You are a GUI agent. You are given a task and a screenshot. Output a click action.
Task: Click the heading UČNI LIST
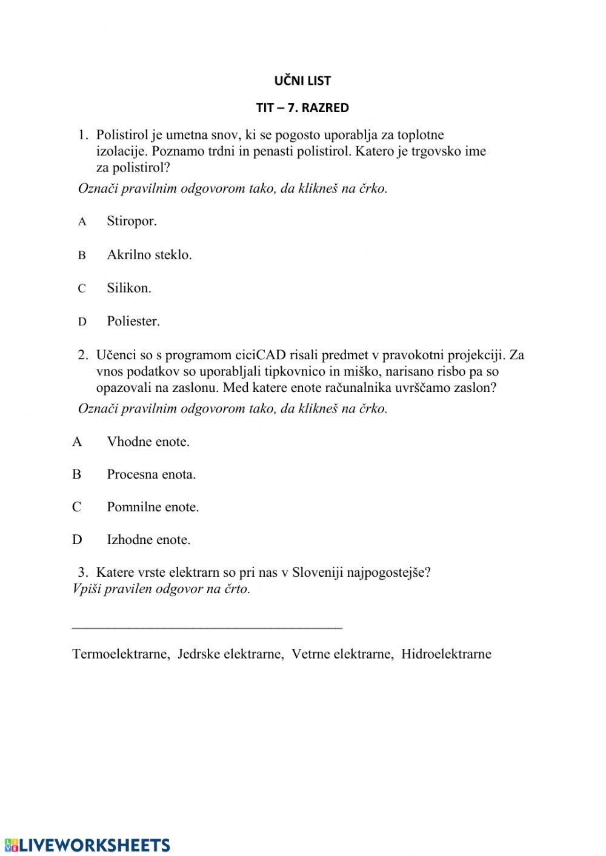tap(302, 81)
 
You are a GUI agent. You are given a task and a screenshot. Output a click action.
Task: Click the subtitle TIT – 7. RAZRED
tap(302, 108)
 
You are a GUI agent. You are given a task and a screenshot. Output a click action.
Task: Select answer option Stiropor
tap(132, 221)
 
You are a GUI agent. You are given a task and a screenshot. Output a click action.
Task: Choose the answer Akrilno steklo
tap(149, 254)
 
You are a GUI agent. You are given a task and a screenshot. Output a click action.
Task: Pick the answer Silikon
tap(129, 288)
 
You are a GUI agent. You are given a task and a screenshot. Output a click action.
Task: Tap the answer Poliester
tap(133, 321)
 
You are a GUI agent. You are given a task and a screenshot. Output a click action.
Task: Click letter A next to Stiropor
tap(82, 222)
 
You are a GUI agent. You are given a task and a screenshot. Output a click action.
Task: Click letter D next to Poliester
tap(82, 322)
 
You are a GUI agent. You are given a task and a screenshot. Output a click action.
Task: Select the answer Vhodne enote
tap(148, 442)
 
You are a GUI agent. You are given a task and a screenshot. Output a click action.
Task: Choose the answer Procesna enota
tap(151, 474)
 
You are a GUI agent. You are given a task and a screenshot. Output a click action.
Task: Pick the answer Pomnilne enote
tap(153, 507)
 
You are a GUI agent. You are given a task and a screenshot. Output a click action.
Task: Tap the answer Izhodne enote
tap(148, 540)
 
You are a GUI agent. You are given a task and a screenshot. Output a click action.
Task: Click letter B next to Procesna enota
tap(77, 474)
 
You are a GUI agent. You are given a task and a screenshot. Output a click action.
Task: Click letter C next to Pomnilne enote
tap(77, 507)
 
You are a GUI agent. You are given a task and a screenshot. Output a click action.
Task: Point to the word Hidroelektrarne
tap(446, 654)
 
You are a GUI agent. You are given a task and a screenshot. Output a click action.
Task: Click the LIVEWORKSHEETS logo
tap(87, 845)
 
